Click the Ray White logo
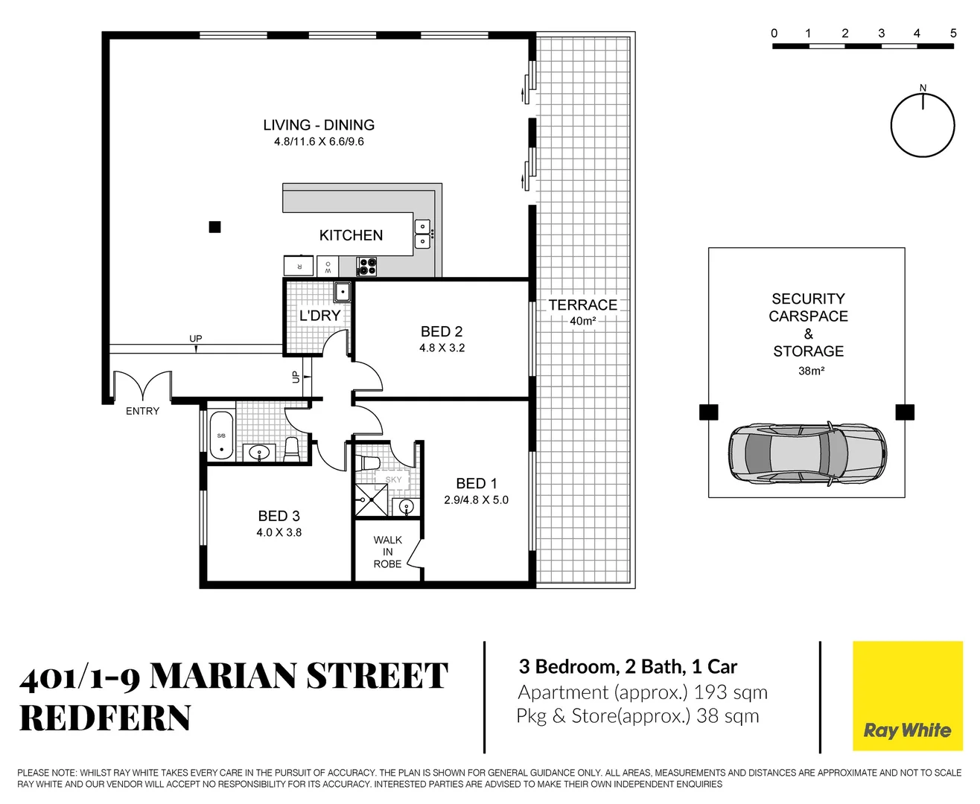tap(907, 730)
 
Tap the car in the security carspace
tap(807, 453)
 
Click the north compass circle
tap(923, 125)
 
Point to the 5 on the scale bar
tap(952, 33)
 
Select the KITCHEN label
tap(351, 235)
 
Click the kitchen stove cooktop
tap(366, 266)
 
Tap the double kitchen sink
tap(422, 234)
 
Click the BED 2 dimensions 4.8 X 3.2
tap(442, 348)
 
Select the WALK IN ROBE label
tap(387, 552)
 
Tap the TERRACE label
tap(582, 305)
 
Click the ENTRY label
tap(142, 411)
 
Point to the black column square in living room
tap(214, 227)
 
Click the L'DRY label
tap(319, 316)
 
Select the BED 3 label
tap(279, 516)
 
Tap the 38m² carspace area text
tap(811, 371)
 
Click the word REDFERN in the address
tap(105, 718)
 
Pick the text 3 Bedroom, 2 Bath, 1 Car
tap(628, 667)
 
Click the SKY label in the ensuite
tap(393, 479)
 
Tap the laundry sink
tap(342, 292)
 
